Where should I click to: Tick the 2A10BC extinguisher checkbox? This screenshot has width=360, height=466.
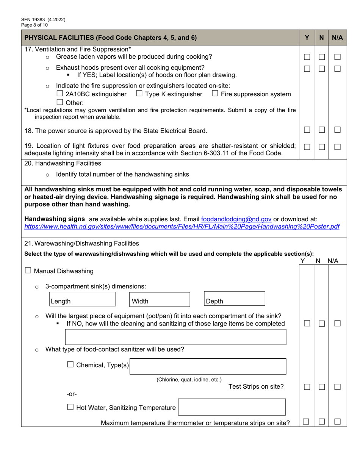tap(59, 94)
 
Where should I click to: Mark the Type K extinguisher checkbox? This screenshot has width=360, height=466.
tap(139, 94)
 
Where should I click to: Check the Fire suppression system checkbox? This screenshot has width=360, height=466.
tap(215, 94)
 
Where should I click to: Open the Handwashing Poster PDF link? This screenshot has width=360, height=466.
tap(182, 227)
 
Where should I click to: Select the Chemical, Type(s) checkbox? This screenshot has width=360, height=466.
tap(70, 364)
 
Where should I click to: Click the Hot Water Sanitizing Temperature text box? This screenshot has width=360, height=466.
tap(232, 407)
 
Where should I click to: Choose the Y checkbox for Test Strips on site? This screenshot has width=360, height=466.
tap(307, 387)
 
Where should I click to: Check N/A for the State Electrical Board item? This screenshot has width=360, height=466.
tap(337, 130)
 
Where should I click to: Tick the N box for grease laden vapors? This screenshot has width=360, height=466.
tap(322, 57)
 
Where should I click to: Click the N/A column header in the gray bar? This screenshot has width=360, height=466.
tap(337, 38)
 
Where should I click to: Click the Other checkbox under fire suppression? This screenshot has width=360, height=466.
tap(59, 102)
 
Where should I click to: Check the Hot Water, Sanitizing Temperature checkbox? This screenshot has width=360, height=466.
tap(70, 407)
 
